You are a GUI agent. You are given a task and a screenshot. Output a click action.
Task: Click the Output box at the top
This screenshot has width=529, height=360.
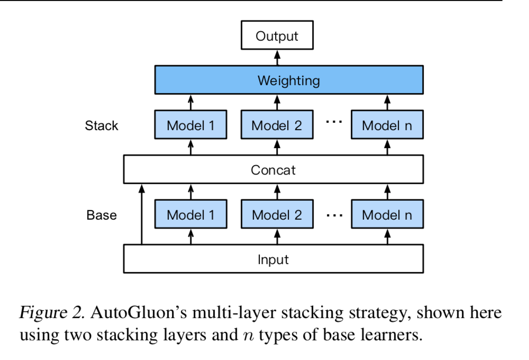tap(277, 37)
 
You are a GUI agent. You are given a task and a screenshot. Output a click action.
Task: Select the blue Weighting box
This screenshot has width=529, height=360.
tap(288, 80)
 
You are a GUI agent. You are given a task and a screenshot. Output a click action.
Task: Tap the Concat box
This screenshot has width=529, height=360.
tap(273, 170)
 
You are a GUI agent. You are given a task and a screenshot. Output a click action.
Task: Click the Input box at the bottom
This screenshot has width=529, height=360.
tap(273, 259)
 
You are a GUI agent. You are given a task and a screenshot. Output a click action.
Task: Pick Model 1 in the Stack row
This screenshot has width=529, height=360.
tap(190, 125)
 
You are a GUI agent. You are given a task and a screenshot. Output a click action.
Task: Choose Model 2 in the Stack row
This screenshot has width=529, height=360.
tap(277, 125)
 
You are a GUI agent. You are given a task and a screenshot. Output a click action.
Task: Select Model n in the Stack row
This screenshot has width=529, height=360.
tap(387, 125)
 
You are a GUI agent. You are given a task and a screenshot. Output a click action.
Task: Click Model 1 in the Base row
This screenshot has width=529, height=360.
tap(190, 215)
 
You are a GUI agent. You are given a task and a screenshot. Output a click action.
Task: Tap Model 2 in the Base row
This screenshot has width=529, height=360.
tap(277, 215)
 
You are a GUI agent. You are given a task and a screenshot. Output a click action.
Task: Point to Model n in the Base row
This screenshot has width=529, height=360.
tap(387, 215)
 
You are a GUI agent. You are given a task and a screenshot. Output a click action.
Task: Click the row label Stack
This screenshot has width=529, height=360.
tap(102, 126)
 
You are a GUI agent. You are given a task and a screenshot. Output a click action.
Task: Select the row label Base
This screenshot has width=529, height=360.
tap(102, 215)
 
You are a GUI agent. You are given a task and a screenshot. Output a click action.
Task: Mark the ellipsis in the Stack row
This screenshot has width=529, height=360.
tap(334, 122)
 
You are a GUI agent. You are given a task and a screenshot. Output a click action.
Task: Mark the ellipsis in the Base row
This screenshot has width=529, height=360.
tap(334, 215)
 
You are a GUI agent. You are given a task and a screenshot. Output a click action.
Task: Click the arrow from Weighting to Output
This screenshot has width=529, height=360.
tap(277, 57)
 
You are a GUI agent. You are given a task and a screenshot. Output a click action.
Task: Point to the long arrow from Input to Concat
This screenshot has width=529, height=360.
tap(141, 214)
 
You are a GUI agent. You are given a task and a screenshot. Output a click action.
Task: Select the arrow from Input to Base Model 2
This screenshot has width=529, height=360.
tap(277, 237)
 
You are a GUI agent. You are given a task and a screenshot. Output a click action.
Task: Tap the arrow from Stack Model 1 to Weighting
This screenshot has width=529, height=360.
tap(191, 102)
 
